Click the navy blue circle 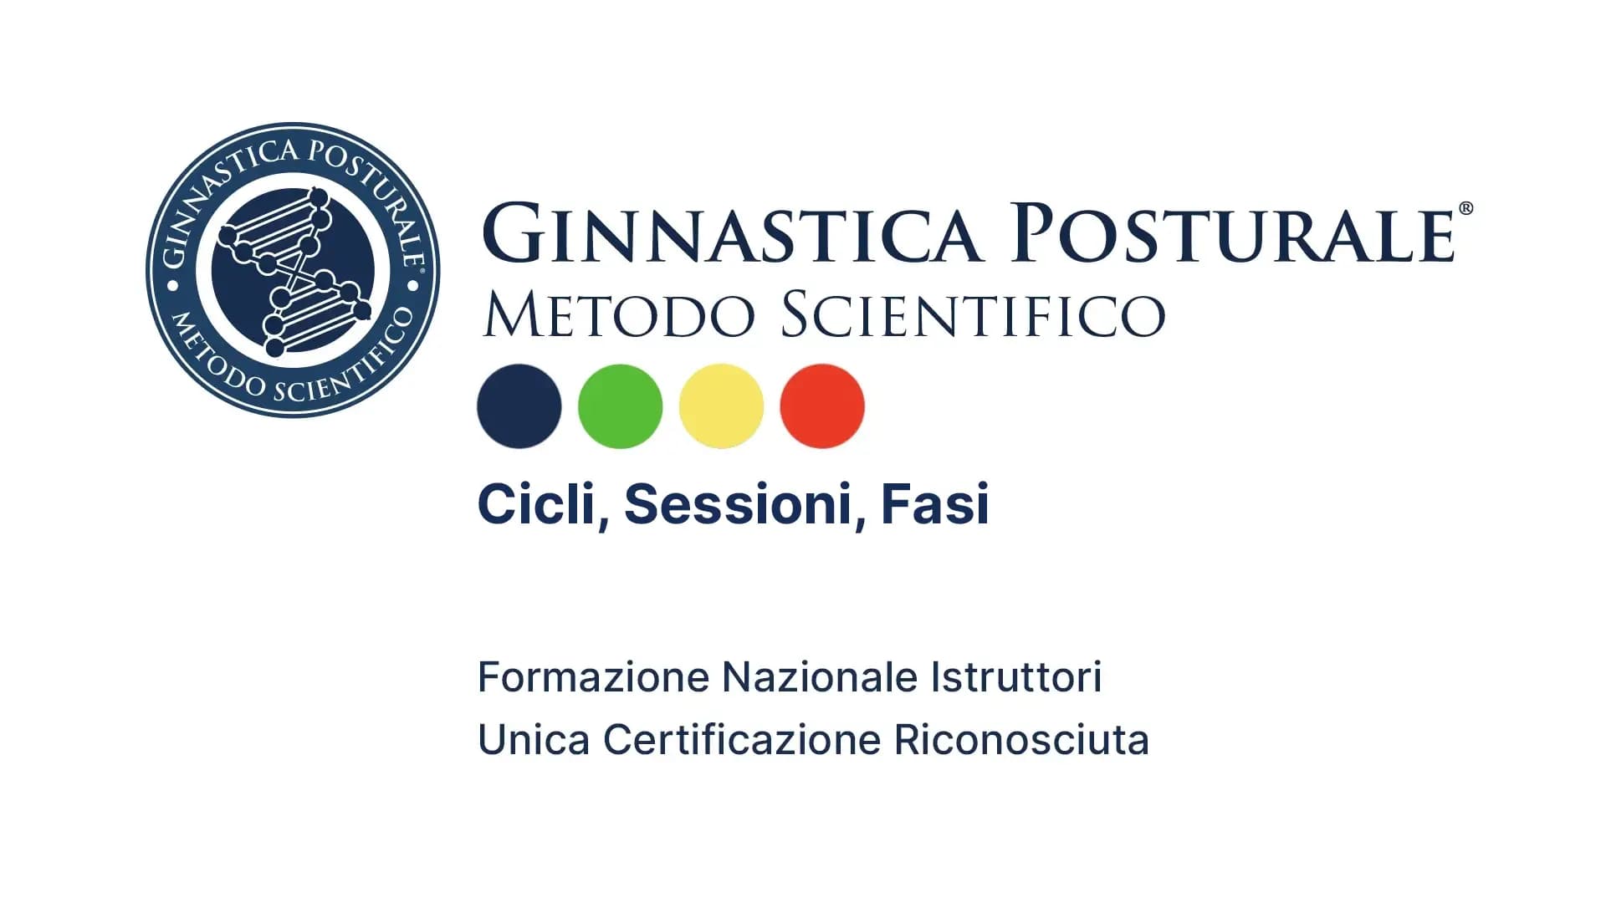tap(519, 406)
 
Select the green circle tap(620, 406)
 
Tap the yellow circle tap(721, 406)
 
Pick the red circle tap(822, 406)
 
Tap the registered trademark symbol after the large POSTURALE tap(1465, 209)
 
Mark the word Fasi tap(935, 504)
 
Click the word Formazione tap(593, 677)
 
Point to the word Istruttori tap(1016, 677)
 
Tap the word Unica tap(534, 740)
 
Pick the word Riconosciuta tap(1021, 740)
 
